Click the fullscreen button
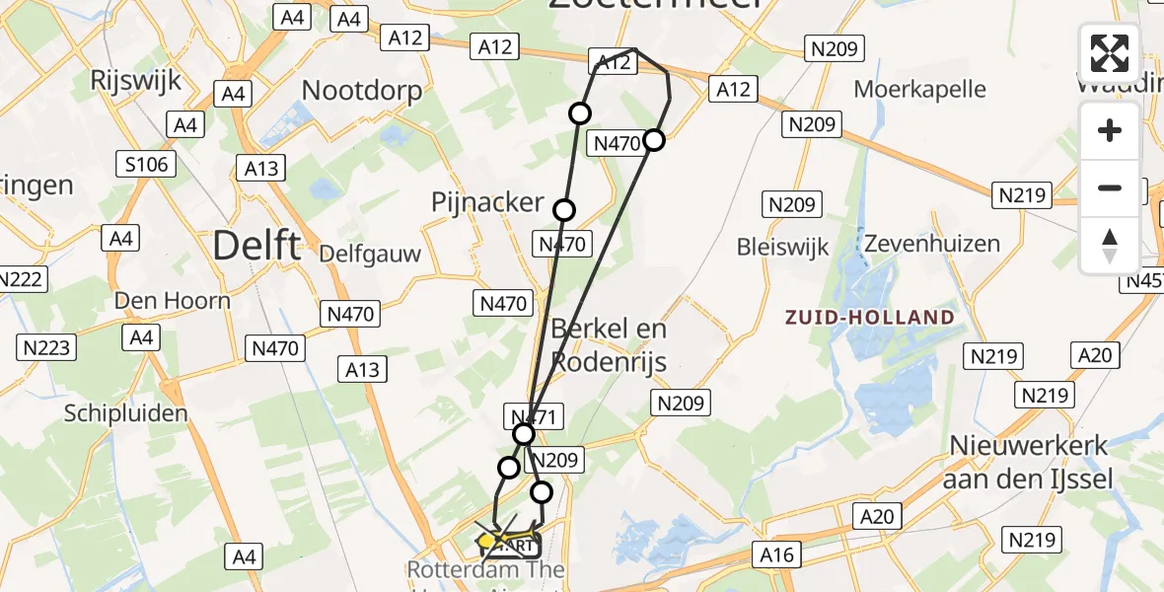pos(1110,53)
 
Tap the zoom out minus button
pos(1110,187)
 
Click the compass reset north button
pos(1110,245)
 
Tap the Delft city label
pos(256,245)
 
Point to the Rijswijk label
pos(135,80)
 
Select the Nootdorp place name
pos(362,91)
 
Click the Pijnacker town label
pos(487,203)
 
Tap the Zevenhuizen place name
pos(932,243)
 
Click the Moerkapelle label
pos(919,89)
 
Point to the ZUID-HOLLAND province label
pos(869,318)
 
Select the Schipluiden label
pos(125,413)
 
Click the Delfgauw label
pos(370,254)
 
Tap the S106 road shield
pos(148,164)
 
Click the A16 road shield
pos(777,555)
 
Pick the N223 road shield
pos(44,346)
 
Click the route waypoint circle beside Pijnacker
pos(564,209)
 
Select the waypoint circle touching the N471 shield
pos(524,434)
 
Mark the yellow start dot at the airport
pos(486,541)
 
